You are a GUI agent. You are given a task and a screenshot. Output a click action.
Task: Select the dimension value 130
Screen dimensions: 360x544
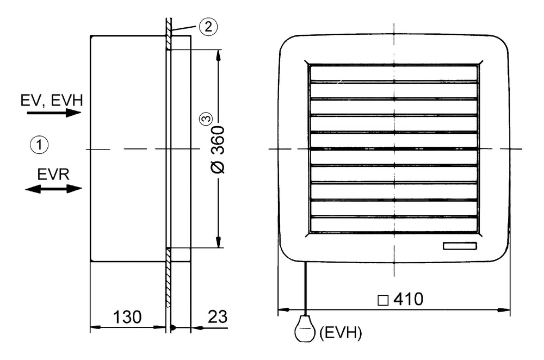point(127,316)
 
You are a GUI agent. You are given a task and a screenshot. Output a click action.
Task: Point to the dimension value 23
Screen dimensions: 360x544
point(217,316)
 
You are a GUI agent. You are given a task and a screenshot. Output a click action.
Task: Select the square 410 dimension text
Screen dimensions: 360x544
point(400,299)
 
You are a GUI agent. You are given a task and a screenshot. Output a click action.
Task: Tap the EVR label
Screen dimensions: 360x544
point(53,175)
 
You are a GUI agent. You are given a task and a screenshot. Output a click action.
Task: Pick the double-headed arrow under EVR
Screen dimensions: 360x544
point(54,189)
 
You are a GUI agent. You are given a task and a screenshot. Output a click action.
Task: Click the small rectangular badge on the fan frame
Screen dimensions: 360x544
point(459,246)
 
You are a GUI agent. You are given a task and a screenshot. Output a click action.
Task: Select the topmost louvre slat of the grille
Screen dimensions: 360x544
point(394,74)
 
